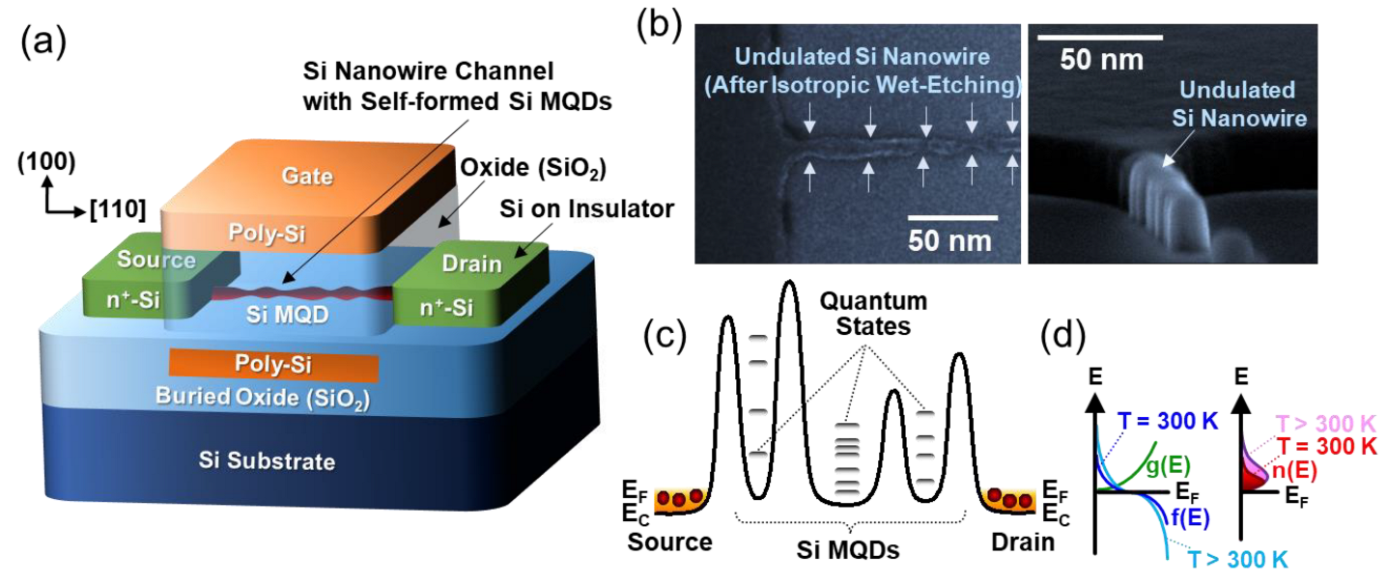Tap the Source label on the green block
point(156,260)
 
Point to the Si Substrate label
point(274,461)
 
